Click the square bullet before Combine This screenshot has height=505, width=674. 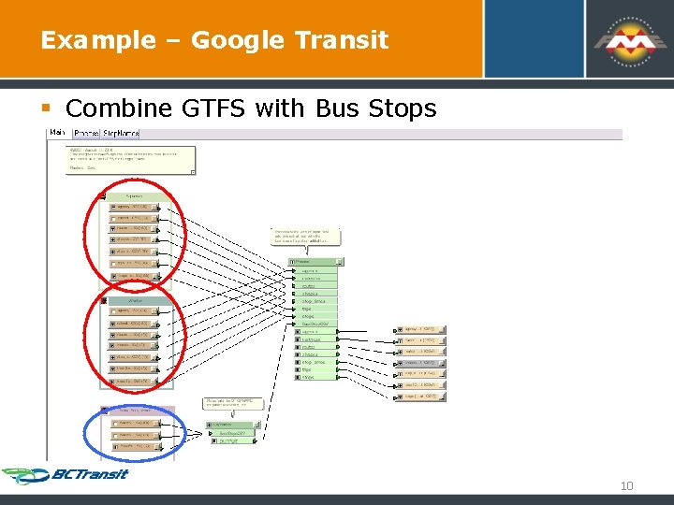(x=52, y=109)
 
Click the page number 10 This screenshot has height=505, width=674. (x=626, y=485)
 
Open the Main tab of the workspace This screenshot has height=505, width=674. (x=56, y=134)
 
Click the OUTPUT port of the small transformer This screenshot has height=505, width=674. (x=227, y=440)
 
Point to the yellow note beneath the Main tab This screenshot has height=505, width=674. (x=130, y=159)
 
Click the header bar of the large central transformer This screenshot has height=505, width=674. (x=316, y=262)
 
